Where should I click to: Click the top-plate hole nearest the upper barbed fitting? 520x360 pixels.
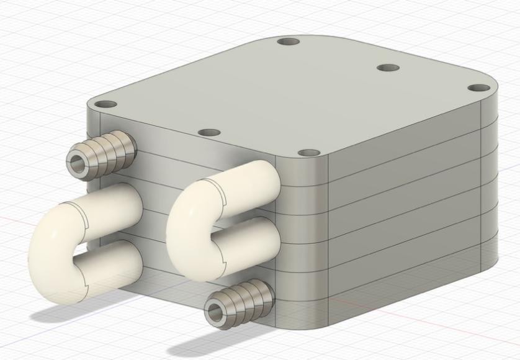coord(105,104)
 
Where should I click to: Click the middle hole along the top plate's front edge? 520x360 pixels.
coord(210,133)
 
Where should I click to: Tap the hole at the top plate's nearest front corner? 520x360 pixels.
coord(305,152)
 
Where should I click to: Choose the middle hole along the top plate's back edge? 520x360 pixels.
coord(388,67)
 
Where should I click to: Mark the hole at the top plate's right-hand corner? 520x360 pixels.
coord(477,88)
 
